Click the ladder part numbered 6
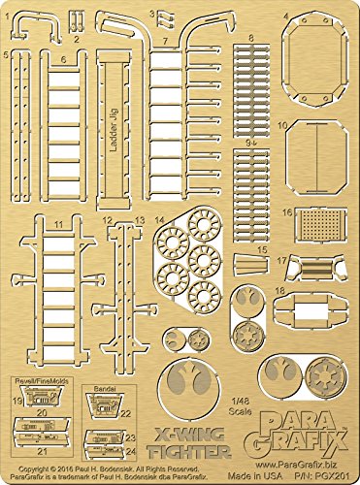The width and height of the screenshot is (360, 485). (63, 126)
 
